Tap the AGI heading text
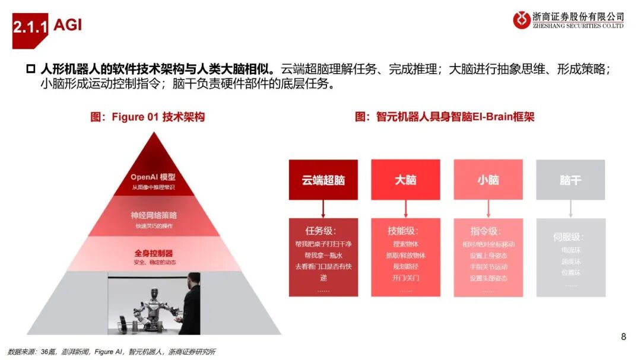(68, 25)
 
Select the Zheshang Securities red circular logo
(522, 20)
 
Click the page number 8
(623, 337)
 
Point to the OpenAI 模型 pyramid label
(153, 177)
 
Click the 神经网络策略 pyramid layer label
(153, 215)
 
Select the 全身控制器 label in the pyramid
(153, 253)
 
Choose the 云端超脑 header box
(323, 180)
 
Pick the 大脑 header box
(405, 180)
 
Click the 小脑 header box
(488, 180)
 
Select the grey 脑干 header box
(570, 180)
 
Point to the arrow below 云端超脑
(323, 209)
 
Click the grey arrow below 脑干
(570, 209)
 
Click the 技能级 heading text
(405, 231)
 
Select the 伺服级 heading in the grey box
(570, 237)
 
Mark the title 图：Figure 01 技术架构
(147, 117)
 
